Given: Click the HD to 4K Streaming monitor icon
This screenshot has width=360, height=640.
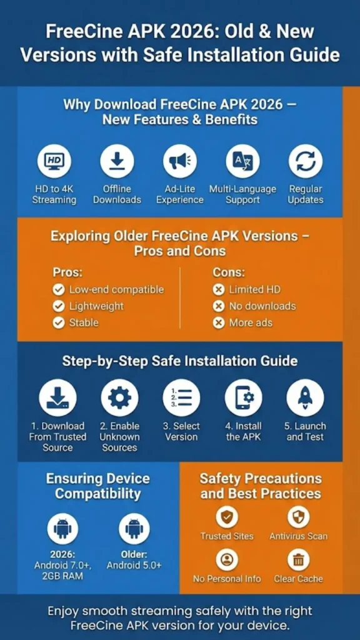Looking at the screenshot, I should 54,161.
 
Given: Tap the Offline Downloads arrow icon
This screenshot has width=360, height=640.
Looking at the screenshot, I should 117,161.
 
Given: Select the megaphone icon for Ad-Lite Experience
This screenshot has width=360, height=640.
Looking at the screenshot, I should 180,161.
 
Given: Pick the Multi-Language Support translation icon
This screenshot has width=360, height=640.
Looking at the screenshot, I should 242,161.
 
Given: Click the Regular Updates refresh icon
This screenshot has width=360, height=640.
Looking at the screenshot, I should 306,161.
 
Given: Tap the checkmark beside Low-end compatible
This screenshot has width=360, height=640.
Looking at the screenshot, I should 59,289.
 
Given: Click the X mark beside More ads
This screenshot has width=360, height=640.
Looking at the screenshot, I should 219,322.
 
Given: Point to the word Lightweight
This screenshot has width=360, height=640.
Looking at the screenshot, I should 96,306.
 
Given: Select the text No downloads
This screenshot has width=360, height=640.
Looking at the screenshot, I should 262,306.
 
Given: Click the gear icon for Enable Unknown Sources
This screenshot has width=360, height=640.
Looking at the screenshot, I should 119,397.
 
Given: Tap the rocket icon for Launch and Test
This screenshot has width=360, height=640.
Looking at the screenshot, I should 305,397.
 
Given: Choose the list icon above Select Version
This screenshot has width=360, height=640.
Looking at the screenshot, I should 181,397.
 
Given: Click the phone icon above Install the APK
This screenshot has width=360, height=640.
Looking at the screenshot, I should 243,397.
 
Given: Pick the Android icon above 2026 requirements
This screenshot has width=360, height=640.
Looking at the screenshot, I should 62,529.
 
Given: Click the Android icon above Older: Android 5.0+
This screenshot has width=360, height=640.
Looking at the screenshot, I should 134,529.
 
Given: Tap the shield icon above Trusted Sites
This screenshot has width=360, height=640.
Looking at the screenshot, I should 227,517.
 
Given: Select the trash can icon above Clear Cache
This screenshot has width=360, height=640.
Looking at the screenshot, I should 298,559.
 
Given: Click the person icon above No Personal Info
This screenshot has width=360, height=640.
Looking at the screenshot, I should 227,559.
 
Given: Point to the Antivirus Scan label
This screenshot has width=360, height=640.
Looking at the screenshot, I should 298,536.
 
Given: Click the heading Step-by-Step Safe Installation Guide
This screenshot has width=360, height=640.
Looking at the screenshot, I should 180,361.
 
